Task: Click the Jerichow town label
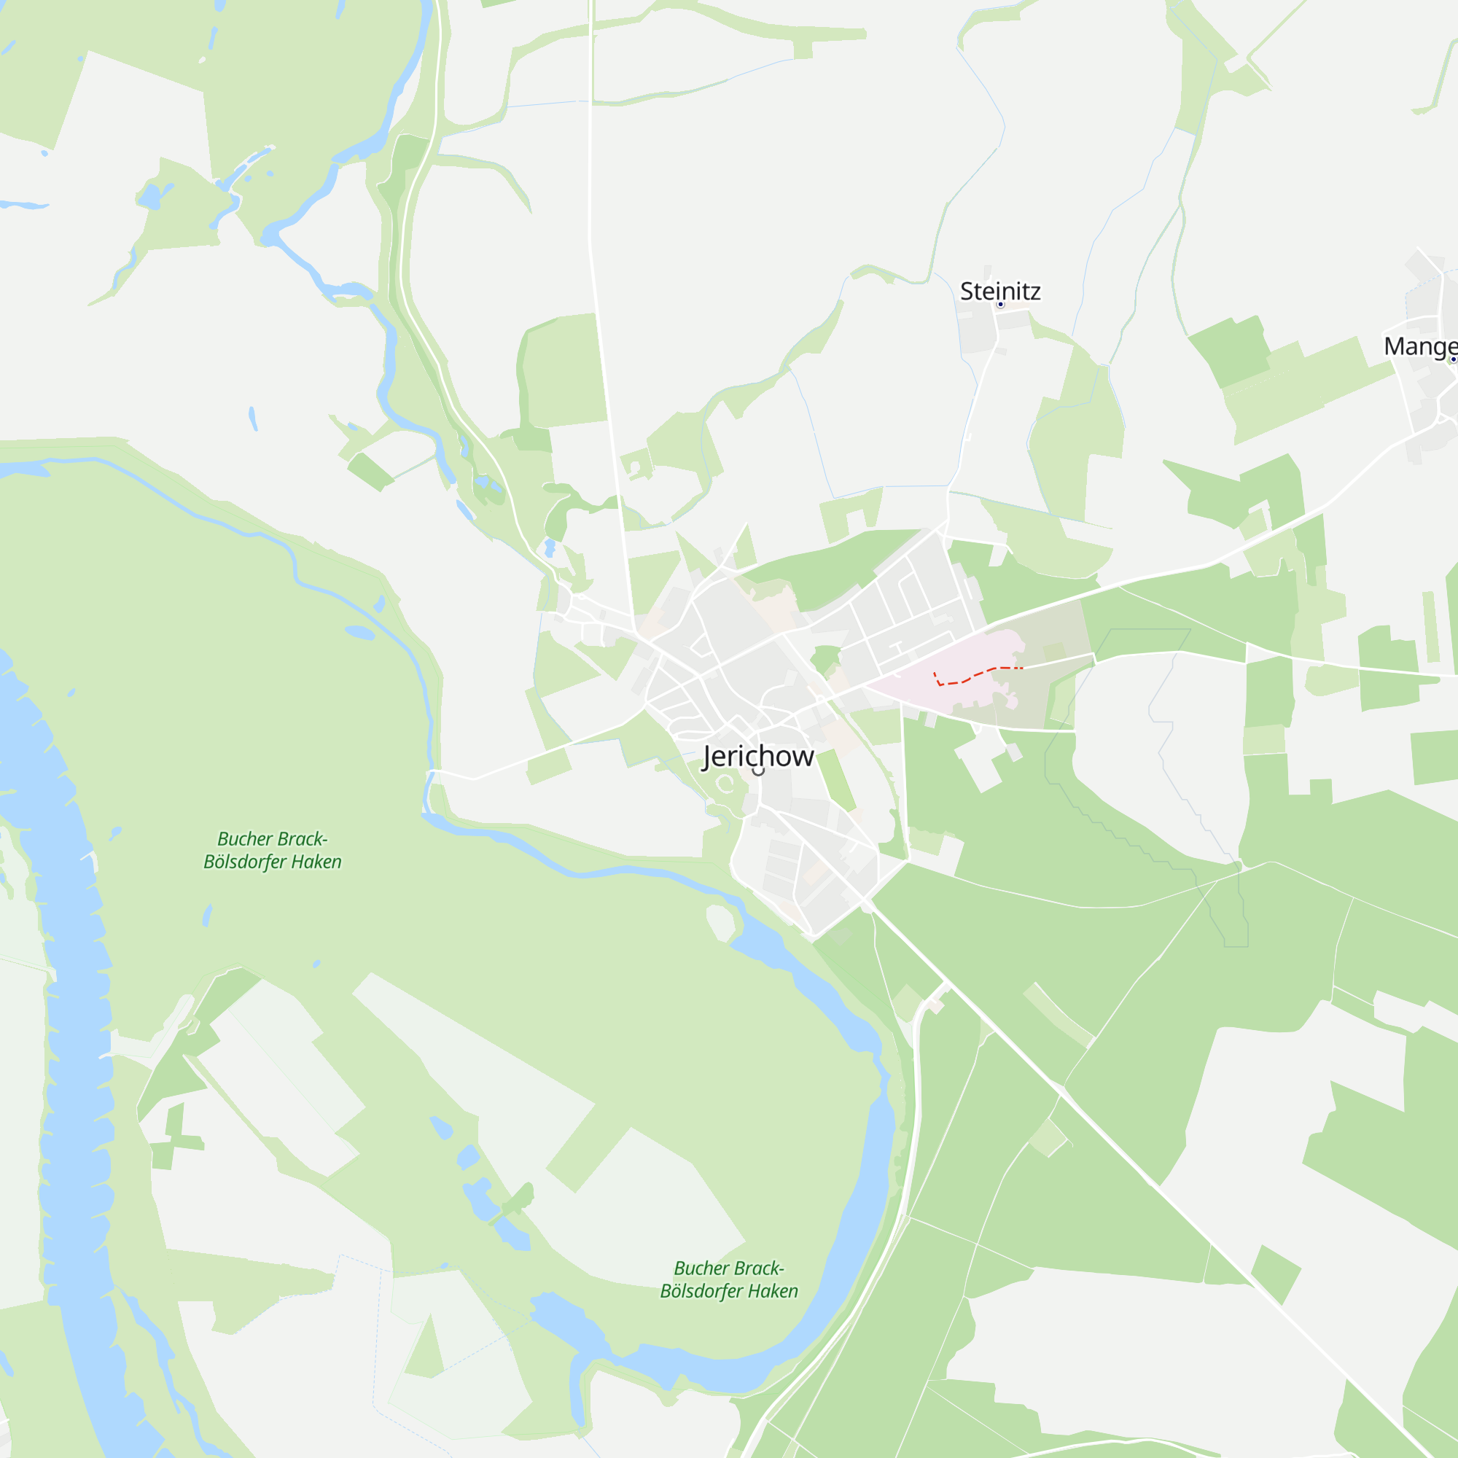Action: coord(757,756)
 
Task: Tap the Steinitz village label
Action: coord(1000,292)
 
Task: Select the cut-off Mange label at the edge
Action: coord(1419,346)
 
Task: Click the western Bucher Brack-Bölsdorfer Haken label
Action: coord(273,851)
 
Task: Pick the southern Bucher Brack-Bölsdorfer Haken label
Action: coord(729,1280)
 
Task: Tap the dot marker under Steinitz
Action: coord(1001,305)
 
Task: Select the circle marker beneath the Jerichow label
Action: coord(757,771)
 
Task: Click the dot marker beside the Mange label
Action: coord(1453,359)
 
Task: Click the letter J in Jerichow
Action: coord(707,757)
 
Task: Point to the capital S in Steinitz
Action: coord(967,292)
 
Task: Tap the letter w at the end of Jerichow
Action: coord(803,757)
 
